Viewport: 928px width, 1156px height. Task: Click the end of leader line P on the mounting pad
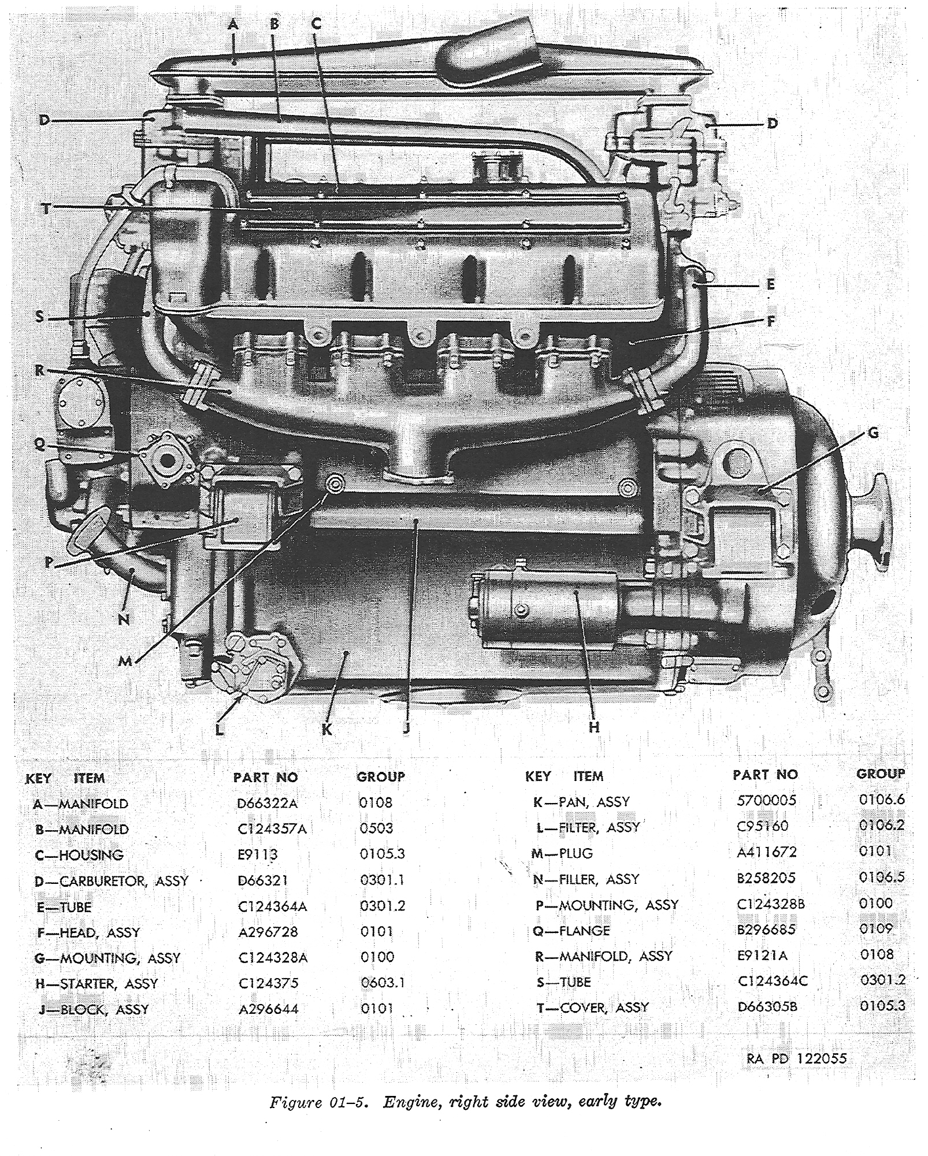click(237, 521)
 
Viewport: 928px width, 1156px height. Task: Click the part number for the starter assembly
click(273, 983)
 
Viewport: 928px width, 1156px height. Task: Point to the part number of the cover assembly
click(767, 1007)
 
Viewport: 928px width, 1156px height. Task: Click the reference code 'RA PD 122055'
click(796, 1058)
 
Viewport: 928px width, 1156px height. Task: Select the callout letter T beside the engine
click(46, 209)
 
